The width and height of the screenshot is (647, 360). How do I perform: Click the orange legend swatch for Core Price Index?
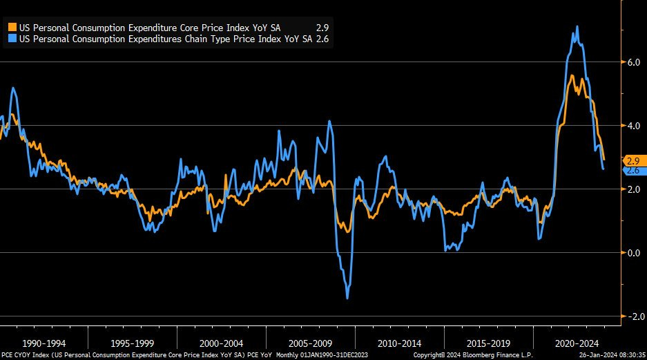tap(12, 27)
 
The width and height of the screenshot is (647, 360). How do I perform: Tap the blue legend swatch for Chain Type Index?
tap(12, 39)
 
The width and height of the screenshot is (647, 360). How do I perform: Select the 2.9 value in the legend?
tap(321, 27)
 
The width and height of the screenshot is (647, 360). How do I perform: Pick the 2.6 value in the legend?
tap(321, 39)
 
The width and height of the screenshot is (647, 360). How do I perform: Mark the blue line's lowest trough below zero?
tap(347, 298)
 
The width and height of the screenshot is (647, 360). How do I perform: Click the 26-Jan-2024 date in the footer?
tap(597, 355)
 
